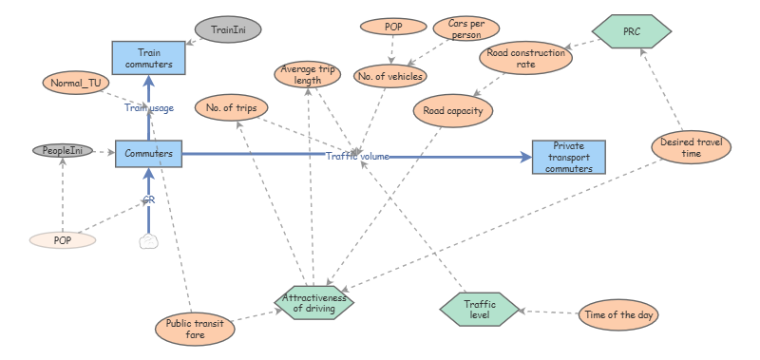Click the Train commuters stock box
[x=148, y=59]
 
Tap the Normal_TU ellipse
[x=76, y=83]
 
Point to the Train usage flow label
[x=149, y=108]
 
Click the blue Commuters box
[x=148, y=153]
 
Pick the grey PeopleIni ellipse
[x=64, y=151]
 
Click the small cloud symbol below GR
[x=148, y=241]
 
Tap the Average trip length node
[x=309, y=74]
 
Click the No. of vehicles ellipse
[x=389, y=75]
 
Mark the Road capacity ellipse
[x=453, y=110]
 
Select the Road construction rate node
[x=525, y=59]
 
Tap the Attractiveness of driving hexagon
[x=315, y=301]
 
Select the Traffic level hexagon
[x=481, y=308]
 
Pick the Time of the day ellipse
[x=619, y=314]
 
